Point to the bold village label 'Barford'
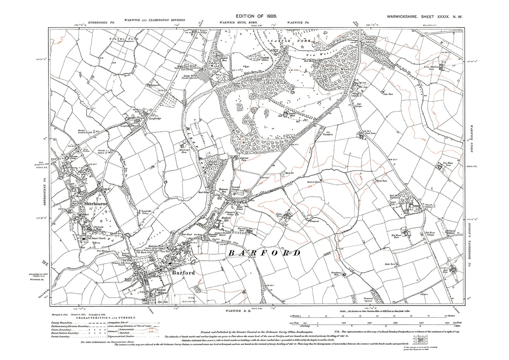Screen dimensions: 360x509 172,273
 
